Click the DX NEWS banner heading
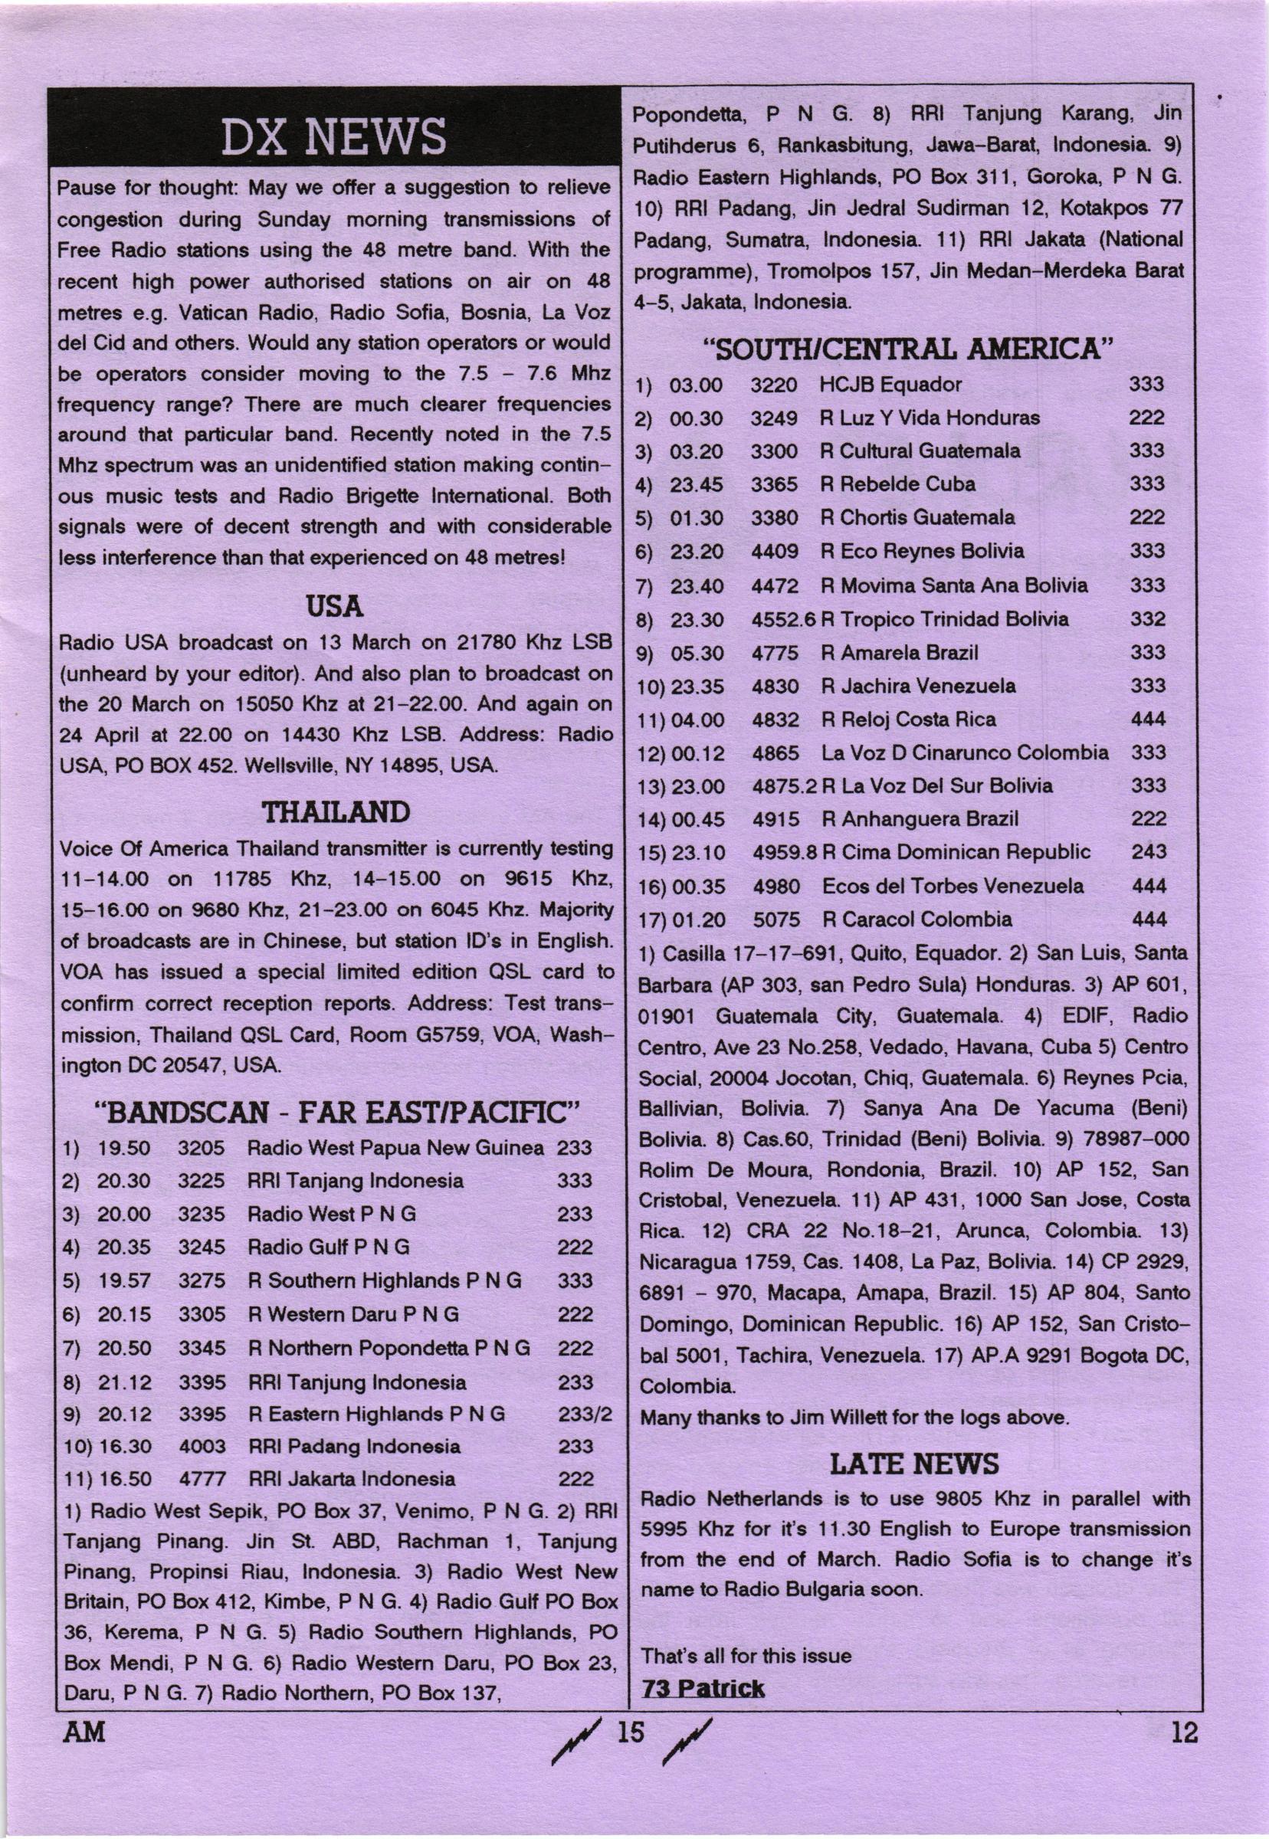tap(333, 136)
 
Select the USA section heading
tap(334, 608)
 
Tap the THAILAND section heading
tap(336, 811)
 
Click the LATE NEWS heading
tap(914, 1463)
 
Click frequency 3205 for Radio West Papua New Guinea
tap(202, 1148)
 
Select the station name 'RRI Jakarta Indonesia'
tap(352, 1479)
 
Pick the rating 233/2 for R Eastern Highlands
tap(585, 1414)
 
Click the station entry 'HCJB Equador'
tap(890, 385)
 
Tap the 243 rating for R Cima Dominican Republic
tap(1149, 851)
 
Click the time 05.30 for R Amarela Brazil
tap(697, 654)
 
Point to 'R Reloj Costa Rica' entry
tap(907, 720)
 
